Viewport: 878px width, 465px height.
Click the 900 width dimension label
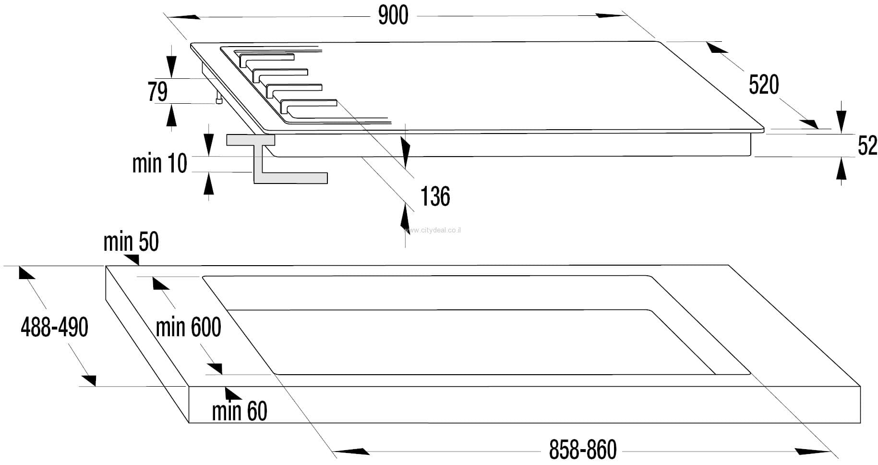click(x=393, y=15)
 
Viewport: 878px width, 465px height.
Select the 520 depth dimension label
click(x=764, y=85)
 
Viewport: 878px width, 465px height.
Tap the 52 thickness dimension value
click(x=867, y=146)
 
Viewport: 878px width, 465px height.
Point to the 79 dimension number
click(x=157, y=92)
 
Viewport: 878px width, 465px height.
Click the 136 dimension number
click(x=435, y=196)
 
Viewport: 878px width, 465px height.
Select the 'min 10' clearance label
click(x=159, y=163)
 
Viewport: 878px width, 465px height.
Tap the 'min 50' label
click(x=131, y=242)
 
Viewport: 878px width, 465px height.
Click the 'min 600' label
click(x=188, y=328)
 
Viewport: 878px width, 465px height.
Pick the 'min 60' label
click(x=240, y=412)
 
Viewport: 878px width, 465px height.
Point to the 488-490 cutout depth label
click(x=54, y=328)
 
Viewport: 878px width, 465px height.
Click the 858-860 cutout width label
click(x=583, y=450)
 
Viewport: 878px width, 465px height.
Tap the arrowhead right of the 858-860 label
click(x=813, y=452)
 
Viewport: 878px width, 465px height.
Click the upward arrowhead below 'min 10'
click(x=208, y=184)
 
